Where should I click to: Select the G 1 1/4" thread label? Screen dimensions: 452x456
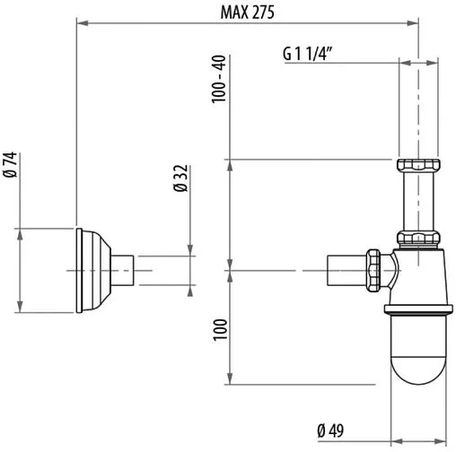coord(308,52)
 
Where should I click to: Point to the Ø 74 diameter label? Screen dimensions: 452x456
coord(11,167)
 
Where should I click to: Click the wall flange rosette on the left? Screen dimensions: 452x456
coord(92,268)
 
